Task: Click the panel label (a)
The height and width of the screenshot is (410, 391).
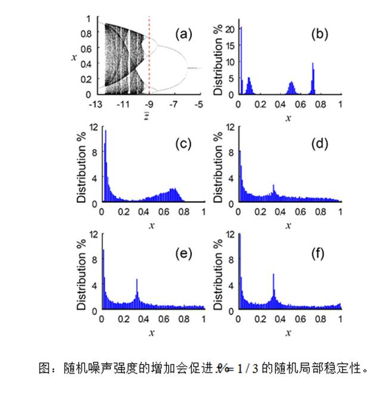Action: point(183,34)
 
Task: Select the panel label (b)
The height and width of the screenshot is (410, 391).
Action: point(319,34)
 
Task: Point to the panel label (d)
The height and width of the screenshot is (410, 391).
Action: point(319,144)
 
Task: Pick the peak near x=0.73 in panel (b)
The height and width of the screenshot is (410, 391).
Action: point(313,78)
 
